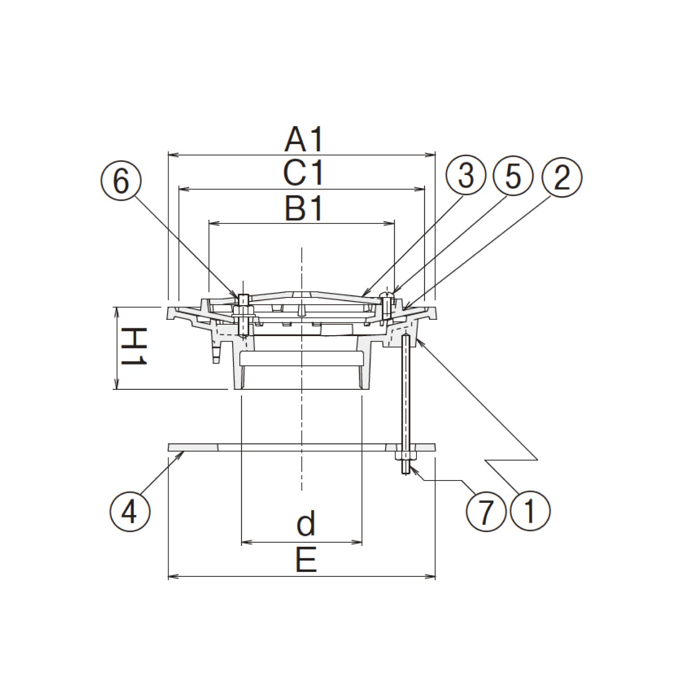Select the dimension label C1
[304, 174]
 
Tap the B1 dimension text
[304, 208]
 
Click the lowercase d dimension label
[306, 524]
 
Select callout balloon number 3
[466, 176]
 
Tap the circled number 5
[513, 176]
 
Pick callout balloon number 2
[562, 176]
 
